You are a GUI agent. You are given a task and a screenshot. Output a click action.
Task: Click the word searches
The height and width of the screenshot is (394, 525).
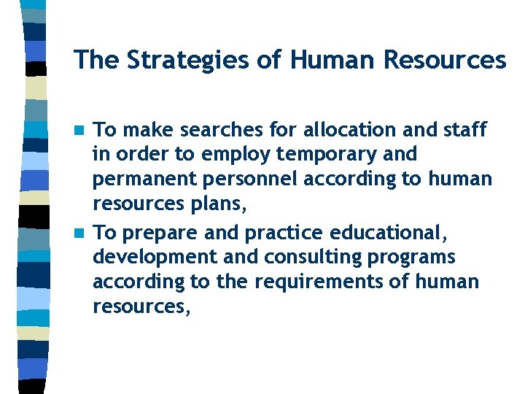coord(237,131)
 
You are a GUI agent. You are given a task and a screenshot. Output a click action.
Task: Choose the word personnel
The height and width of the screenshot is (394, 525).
coord(236,180)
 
